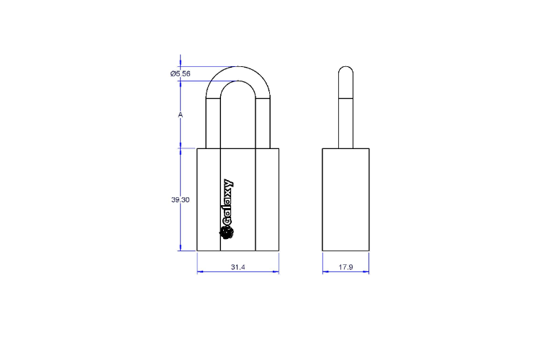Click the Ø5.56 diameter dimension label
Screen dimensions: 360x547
point(181,73)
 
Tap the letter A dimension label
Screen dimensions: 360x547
point(180,115)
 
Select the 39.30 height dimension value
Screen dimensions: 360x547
point(180,200)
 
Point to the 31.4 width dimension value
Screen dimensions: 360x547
point(238,267)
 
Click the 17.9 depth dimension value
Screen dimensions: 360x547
point(346,267)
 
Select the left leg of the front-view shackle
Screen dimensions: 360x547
point(212,122)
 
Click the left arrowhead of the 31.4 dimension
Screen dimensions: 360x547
point(200,272)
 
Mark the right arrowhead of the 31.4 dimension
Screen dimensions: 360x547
point(276,272)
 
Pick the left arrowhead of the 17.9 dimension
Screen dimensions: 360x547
point(325,272)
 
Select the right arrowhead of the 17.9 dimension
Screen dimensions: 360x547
point(368,272)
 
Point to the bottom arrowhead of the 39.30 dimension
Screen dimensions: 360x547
point(181,248)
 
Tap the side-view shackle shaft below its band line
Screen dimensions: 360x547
point(346,122)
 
